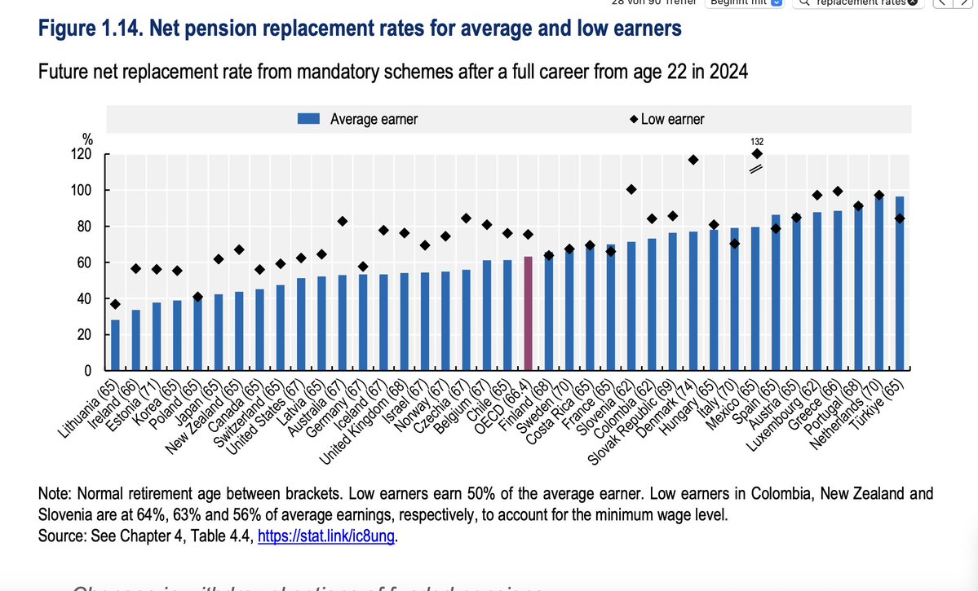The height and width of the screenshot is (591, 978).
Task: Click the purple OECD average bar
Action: point(528,314)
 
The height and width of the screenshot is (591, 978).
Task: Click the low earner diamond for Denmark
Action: point(693,160)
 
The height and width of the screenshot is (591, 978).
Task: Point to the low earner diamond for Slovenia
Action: point(631,189)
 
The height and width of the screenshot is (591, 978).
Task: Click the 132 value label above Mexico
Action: point(757,141)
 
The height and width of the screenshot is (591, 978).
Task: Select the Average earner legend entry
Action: point(359,119)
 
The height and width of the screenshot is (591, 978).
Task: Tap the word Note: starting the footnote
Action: point(55,495)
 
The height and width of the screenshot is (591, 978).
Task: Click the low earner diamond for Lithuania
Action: point(115,304)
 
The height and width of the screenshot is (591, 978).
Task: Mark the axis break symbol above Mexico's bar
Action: point(756,169)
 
